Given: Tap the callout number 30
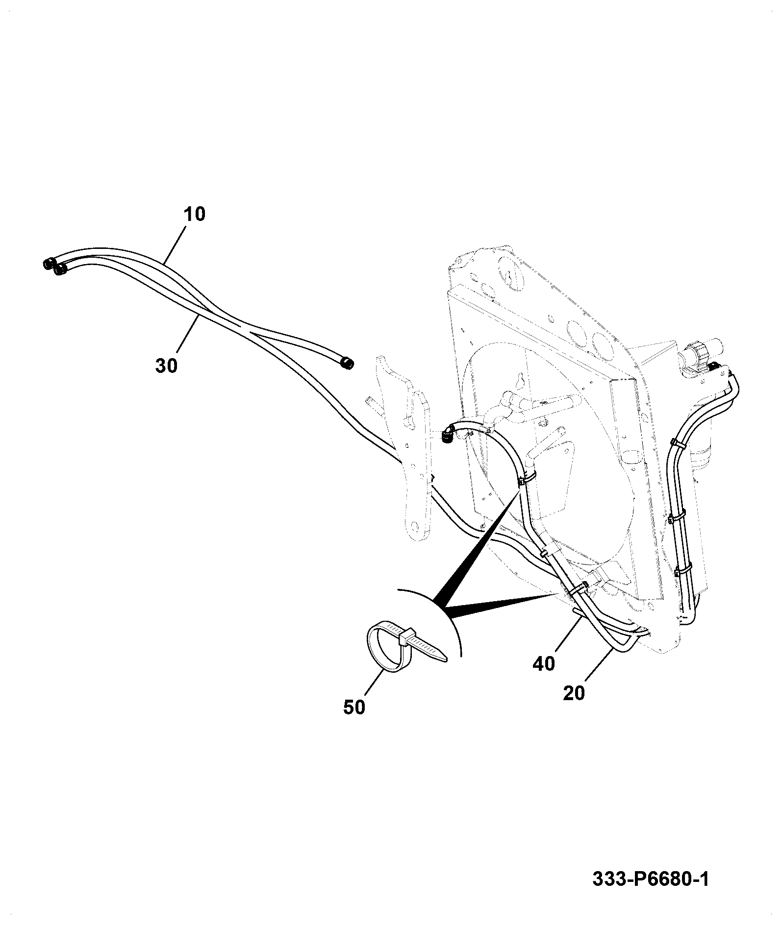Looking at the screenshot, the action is tap(166, 365).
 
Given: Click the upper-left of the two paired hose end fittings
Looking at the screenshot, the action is tap(49, 264).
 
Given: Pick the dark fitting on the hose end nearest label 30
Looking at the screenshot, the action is tap(61, 270).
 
